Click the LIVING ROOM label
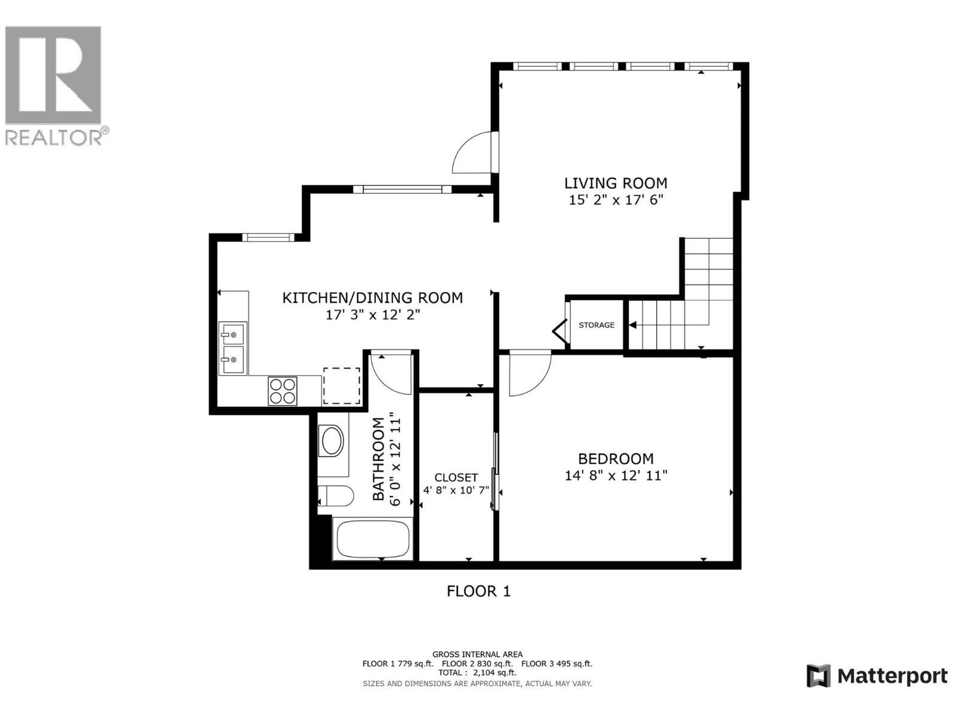point(616,183)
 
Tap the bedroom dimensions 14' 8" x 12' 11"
point(616,476)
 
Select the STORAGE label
point(596,325)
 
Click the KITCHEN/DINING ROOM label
point(372,297)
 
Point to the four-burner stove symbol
point(282,391)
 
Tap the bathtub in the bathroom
point(372,539)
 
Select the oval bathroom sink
point(332,442)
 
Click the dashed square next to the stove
point(341,386)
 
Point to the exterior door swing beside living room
point(473,155)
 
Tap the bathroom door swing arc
point(390,373)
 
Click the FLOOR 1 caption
point(478,591)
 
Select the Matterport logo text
point(892,676)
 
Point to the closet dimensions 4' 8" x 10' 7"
point(456,490)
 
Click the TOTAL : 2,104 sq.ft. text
point(477,673)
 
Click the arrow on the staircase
point(633,325)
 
